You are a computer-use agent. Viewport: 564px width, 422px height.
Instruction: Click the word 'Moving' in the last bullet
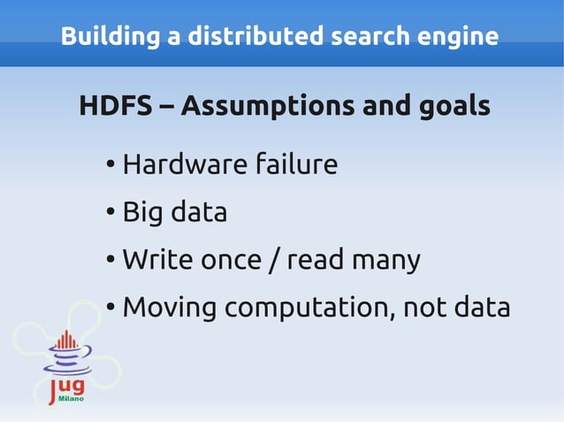(169, 308)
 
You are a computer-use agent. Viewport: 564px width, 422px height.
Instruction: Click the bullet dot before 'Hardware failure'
(110, 165)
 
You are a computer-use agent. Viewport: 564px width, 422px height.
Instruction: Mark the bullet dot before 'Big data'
(110, 213)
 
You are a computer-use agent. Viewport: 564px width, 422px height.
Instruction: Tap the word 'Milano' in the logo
(71, 400)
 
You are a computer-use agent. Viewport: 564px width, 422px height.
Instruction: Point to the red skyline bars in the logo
(66, 340)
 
